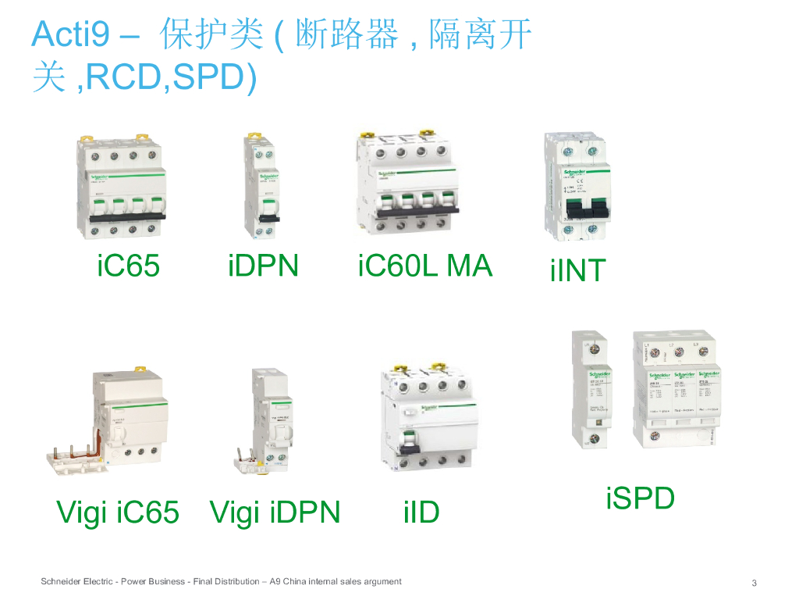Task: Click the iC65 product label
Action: (x=129, y=266)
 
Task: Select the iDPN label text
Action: (x=263, y=266)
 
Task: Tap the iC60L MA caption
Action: (x=425, y=266)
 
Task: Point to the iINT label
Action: (x=577, y=270)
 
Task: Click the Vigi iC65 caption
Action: (x=118, y=512)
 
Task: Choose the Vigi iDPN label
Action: (x=275, y=512)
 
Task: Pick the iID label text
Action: (x=421, y=512)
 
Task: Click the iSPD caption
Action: (x=640, y=498)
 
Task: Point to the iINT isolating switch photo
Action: (x=577, y=187)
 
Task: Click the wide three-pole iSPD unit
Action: (x=674, y=391)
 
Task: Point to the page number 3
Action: (x=754, y=583)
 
